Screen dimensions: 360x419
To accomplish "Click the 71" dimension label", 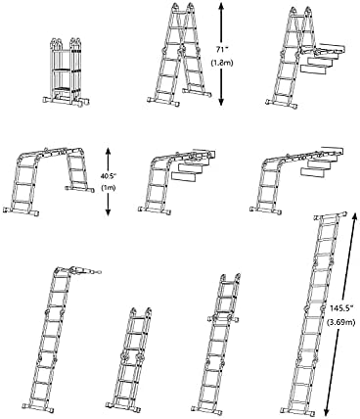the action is [222, 50].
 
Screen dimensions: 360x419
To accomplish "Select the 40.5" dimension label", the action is [109, 175].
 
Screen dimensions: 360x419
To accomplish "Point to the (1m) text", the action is [108, 188].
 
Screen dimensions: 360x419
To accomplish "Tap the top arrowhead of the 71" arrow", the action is [221, 6].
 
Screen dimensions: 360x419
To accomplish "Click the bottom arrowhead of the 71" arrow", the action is [221, 102].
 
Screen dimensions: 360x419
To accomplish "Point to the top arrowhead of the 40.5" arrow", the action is [109, 152].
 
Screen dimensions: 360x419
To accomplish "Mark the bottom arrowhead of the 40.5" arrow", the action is [109, 212].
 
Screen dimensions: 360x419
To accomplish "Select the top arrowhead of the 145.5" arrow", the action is [354, 216].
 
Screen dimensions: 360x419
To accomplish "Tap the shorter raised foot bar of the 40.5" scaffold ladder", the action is [79, 189].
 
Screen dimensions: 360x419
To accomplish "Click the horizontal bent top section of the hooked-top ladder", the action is [84, 270].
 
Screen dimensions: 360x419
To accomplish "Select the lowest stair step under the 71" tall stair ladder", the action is [313, 70].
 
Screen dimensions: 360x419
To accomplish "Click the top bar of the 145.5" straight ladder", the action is [330, 216].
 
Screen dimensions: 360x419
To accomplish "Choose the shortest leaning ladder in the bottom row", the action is [129, 358].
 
